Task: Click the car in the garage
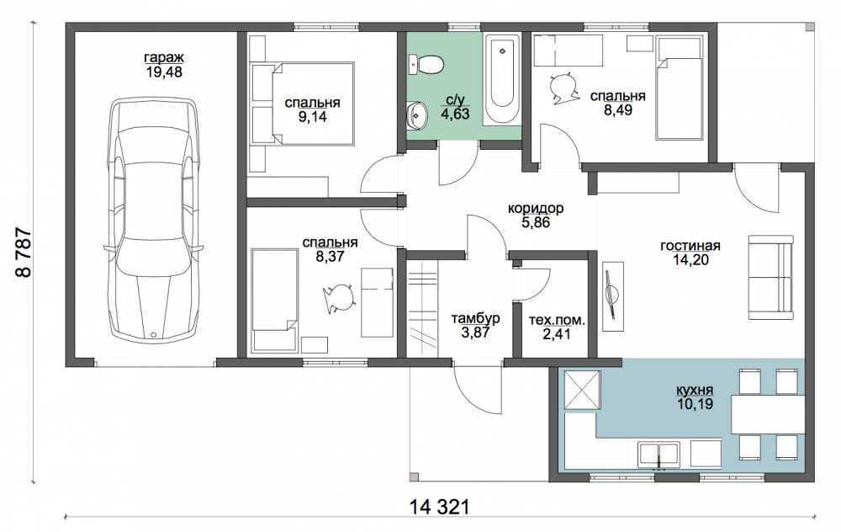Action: coord(154,219)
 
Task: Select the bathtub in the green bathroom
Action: coord(502,78)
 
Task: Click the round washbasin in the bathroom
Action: coord(415,114)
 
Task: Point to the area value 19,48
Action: coord(164,72)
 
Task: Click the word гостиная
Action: coord(690,246)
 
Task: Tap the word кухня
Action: coord(696,390)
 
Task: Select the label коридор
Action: coord(535,208)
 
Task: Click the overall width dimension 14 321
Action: coord(439,506)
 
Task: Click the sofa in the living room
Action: coord(770,278)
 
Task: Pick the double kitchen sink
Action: coord(659,455)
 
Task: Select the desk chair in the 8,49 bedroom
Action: coord(564,86)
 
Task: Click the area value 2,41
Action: coord(557,334)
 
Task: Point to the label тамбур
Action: coord(475,318)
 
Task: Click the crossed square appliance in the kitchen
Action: coord(582,391)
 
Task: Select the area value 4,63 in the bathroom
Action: coord(455,114)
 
